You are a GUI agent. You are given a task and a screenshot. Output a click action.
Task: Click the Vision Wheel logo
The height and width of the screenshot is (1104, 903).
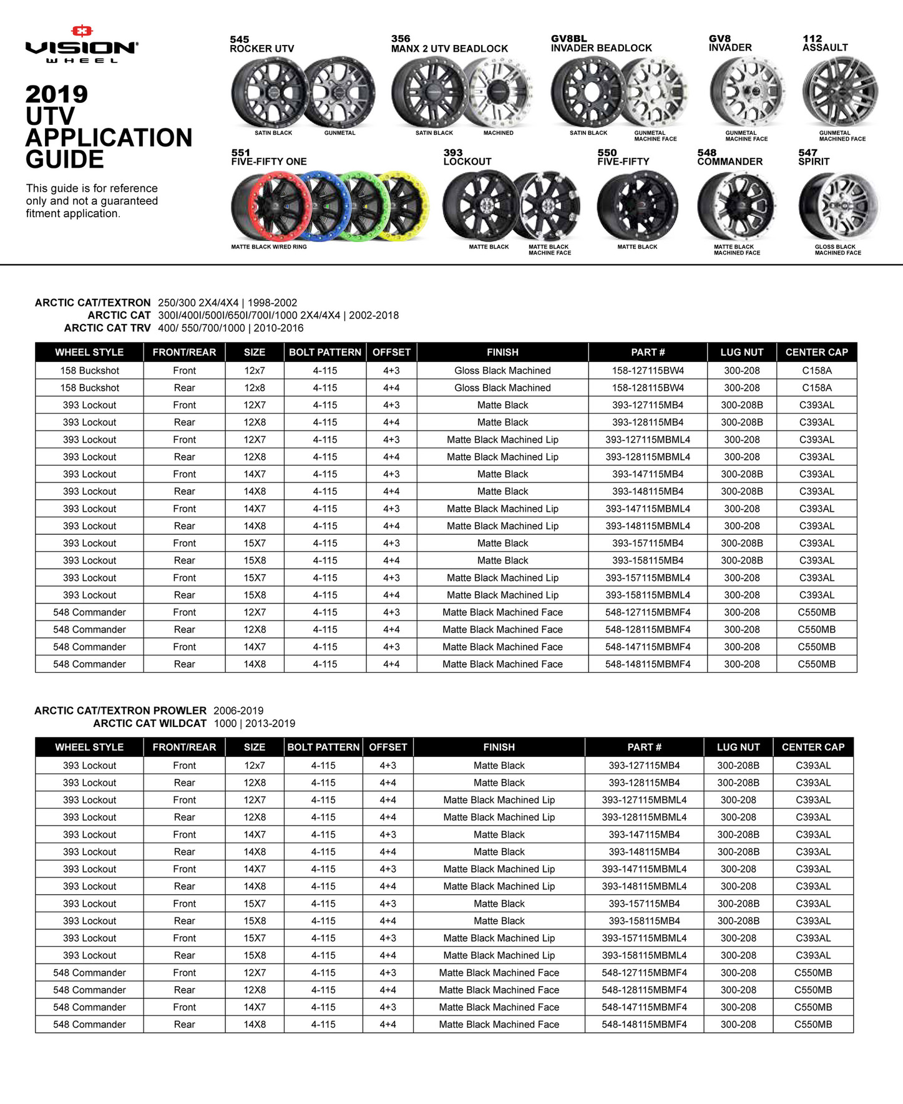coord(82,44)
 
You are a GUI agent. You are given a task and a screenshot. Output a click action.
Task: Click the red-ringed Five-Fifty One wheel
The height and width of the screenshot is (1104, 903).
coord(270,205)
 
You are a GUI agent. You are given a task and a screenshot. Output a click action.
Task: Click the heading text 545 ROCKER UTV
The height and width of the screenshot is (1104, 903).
coord(261,44)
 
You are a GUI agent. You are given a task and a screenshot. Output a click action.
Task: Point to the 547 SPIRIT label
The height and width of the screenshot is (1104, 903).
coord(813,157)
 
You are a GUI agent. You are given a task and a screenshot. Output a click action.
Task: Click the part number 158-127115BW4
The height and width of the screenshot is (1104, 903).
coord(647,370)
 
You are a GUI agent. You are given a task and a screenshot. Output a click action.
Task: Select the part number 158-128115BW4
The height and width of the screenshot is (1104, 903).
coord(647,388)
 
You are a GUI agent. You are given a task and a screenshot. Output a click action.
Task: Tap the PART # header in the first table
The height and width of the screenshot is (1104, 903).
coord(647,352)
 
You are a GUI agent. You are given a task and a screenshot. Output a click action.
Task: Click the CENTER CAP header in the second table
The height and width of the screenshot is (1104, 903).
coord(813,747)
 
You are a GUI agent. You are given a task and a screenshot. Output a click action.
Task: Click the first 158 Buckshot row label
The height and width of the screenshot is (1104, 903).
coord(89,370)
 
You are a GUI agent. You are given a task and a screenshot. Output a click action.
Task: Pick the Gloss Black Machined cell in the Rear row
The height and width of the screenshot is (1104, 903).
coord(502,388)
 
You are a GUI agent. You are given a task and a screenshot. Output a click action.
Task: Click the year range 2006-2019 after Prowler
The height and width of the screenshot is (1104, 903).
coord(238,710)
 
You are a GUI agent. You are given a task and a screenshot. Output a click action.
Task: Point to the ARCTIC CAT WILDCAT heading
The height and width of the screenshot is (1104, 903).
coord(150,723)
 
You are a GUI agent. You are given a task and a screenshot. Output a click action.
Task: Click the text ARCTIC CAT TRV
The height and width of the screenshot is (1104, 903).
coord(107,328)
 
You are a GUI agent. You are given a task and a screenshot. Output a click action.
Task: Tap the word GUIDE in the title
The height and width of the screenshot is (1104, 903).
coord(64,160)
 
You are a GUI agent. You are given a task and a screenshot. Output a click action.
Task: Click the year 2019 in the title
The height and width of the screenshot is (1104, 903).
coord(56,94)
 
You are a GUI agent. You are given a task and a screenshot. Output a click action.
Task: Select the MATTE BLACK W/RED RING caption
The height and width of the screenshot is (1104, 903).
coord(269,247)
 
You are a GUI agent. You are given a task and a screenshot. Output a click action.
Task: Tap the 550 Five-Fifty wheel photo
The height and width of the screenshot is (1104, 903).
coord(637,206)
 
